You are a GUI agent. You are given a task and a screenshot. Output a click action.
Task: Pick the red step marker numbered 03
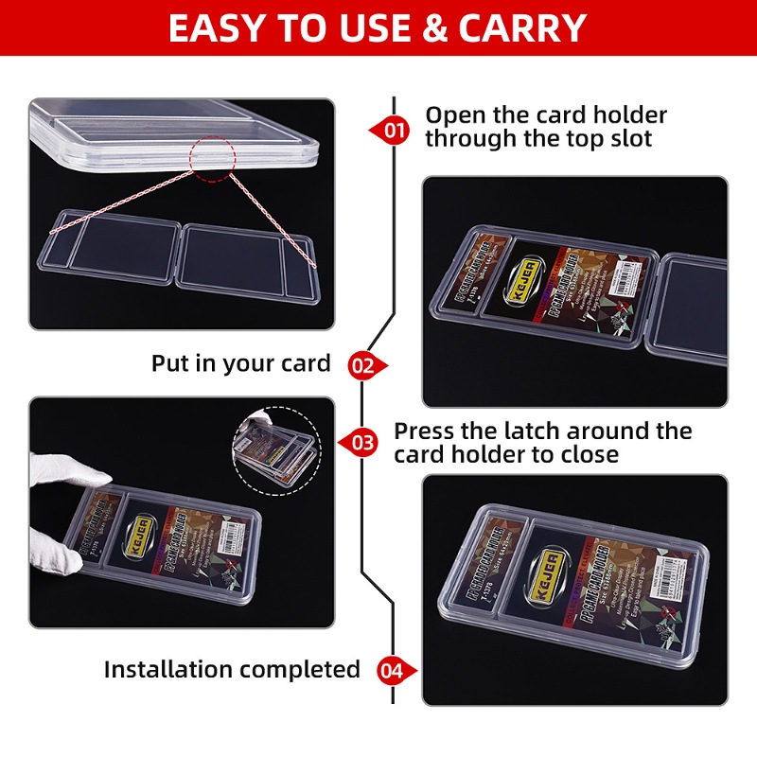click(361, 441)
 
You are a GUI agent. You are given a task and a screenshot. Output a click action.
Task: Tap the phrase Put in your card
click(240, 363)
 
